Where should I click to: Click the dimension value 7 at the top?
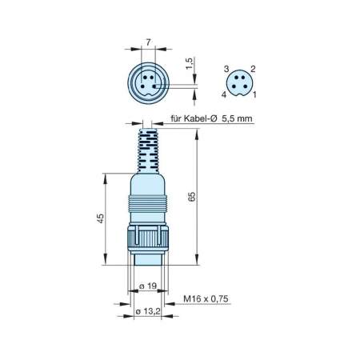tap(148, 42)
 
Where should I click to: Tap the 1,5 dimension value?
tap(189, 63)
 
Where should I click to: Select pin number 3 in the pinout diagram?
tap(226, 69)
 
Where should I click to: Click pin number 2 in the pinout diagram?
tap(253, 69)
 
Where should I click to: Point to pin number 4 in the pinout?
tap(224, 94)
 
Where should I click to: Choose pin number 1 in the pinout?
tap(254, 94)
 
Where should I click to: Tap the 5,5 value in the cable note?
tap(228, 118)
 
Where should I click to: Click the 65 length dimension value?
tap(192, 196)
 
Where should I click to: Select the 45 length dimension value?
tap(100, 218)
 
